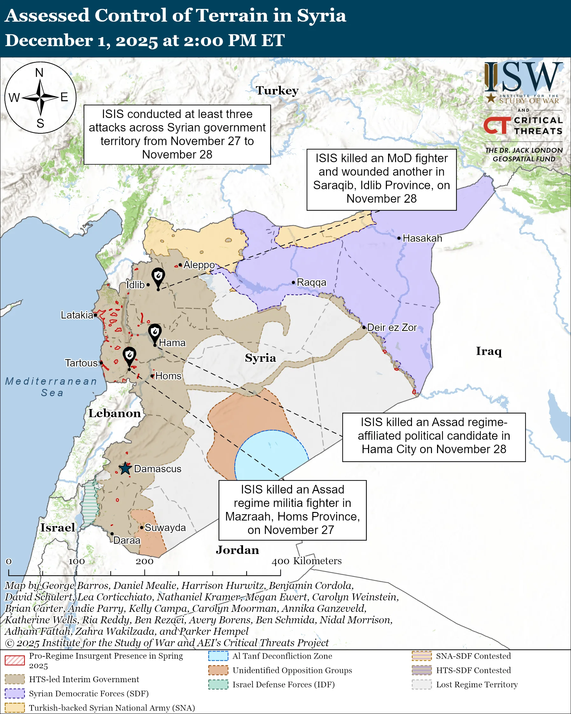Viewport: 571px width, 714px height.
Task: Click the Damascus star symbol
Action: [x=125, y=469]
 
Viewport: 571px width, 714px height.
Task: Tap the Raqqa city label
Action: [x=311, y=282]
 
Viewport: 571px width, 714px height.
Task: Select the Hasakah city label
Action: [x=422, y=238]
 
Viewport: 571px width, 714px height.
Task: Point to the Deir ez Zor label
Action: [x=392, y=327]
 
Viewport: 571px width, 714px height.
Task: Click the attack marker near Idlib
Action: [x=158, y=276]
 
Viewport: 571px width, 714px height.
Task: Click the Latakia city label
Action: [x=77, y=315]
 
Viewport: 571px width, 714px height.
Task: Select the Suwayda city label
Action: [x=165, y=528]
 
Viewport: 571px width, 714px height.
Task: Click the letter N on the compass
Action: [x=39, y=73]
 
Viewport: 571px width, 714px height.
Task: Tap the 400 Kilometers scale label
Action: [x=307, y=561]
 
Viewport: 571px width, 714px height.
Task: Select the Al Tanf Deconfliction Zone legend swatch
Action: [x=218, y=656]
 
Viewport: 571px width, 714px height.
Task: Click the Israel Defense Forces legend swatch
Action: [x=218, y=684]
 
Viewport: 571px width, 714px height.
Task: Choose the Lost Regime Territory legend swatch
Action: [x=422, y=684]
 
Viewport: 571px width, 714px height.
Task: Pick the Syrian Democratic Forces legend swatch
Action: [x=15, y=693]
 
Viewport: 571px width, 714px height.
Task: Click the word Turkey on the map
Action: [x=277, y=90]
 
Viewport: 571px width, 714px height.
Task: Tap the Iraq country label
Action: [x=489, y=351]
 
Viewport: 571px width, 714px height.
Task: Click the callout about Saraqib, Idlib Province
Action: [x=381, y=179]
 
